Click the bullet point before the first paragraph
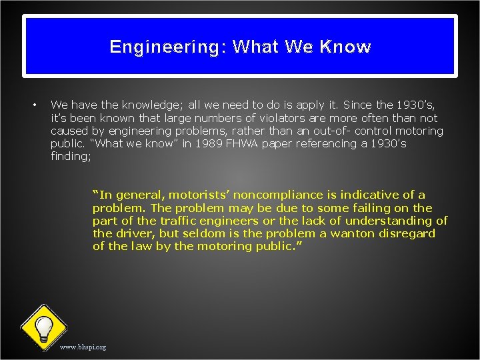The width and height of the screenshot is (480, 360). (x=34, y=105)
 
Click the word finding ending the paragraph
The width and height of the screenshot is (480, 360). (x=71, y=157)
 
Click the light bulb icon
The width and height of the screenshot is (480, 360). (x=44, y=327)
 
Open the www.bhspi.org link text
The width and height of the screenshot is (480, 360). (x=83, y=347)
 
